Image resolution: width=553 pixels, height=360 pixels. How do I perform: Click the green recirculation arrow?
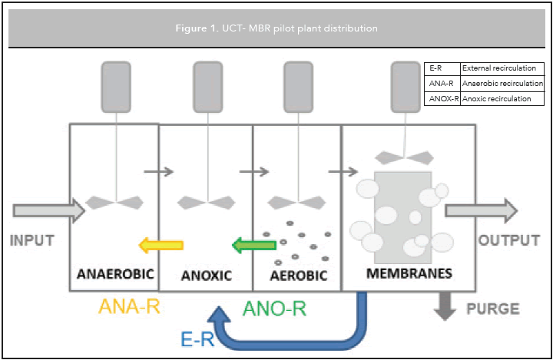click(x=254, y=246)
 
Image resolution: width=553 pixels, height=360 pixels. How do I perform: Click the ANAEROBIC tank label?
click(x=114, y=274)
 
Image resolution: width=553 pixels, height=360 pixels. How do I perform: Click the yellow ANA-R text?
click(x=129, y=308)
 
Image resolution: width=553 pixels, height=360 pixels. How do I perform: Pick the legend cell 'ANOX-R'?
click(x=442, y=98)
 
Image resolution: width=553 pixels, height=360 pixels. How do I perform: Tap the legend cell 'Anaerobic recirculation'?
click(x=502, y=83)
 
